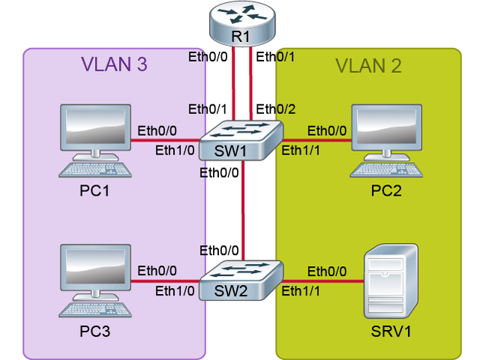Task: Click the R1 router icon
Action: (242, 23)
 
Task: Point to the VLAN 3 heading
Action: (114, 64)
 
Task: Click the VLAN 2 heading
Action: (367, 64)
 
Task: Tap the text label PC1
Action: (95, 192)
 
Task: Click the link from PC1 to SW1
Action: (165, 139)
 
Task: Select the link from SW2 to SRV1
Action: (322, 282)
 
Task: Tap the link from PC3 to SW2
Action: (165, 282)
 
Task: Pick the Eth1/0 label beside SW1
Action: (175, 150)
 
